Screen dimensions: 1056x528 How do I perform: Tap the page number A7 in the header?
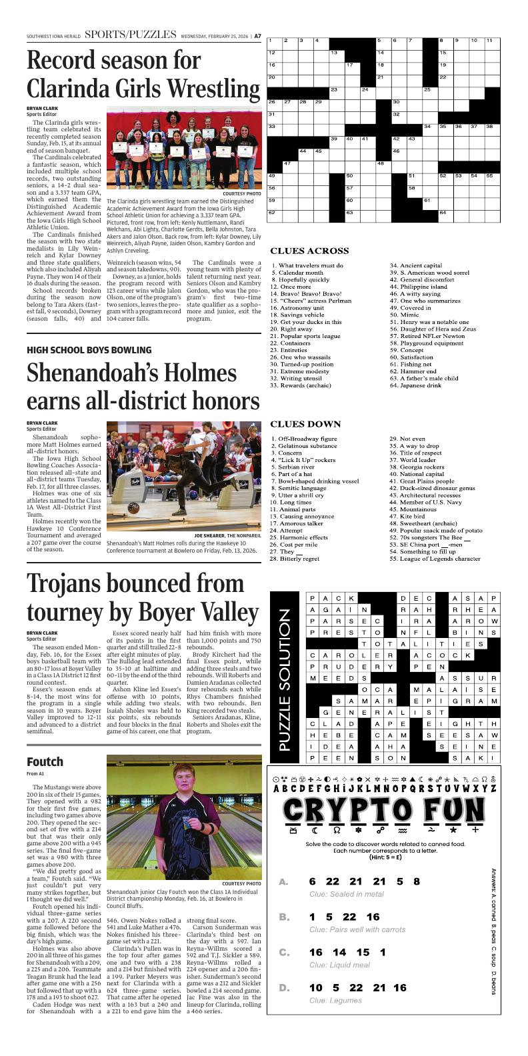[x=257, y=36]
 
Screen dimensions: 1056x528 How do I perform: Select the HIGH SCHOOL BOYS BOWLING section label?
[x=89, y=350]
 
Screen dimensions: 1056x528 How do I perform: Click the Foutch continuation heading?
[x=45, y=761]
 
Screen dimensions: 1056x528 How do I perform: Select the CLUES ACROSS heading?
[x=309, y=251]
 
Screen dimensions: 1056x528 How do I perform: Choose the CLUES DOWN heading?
[x=305, y=424]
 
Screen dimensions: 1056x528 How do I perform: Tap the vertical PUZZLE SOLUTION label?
[x=285, y=678]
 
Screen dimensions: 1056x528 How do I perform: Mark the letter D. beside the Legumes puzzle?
[x=283, y=987]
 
